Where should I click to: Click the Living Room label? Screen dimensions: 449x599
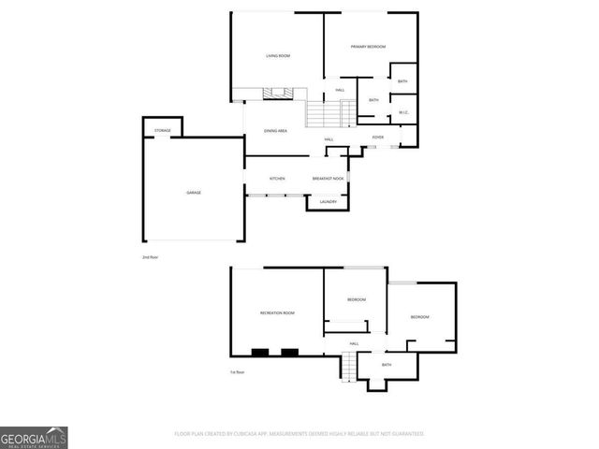(278, 56)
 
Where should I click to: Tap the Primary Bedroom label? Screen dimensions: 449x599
(368, 47)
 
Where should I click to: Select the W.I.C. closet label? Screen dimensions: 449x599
(403, 113)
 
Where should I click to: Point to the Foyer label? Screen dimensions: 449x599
(378, 138)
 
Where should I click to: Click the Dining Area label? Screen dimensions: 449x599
(275, 131)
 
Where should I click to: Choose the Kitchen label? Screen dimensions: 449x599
(277, 178)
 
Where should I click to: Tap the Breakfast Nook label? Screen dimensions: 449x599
(329, 178)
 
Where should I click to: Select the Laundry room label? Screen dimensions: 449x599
(328, 202)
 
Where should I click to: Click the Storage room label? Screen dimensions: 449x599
(163, 130)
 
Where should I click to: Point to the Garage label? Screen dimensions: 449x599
(193, 192)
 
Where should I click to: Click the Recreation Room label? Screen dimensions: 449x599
(277, 312)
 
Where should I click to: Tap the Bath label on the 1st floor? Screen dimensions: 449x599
(386, 365)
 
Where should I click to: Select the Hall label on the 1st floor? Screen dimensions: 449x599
(354, 344)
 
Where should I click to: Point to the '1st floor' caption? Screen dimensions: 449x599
(238, 371)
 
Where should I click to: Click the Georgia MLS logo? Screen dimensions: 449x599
(34, 437)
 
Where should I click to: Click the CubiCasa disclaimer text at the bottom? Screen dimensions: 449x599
(299, 434)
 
